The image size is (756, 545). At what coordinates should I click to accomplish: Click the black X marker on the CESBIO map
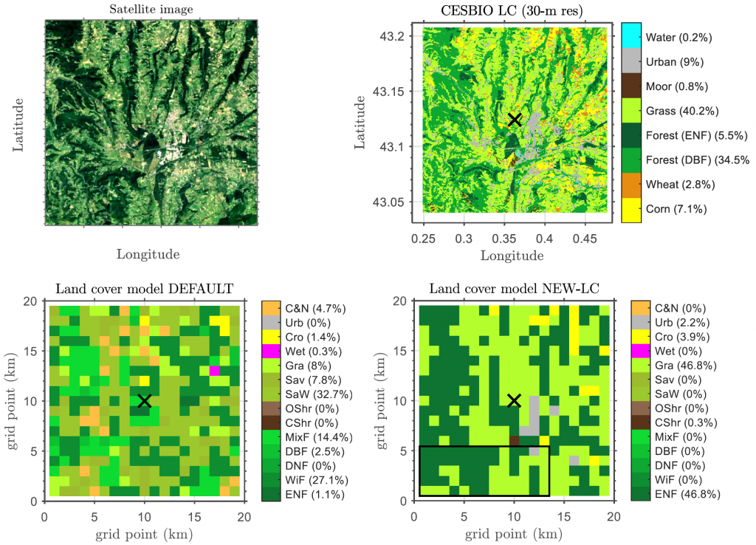pyautogui.click(x=515, y=119)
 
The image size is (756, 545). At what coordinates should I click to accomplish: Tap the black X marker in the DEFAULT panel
pyautogui.click(x=145, y=400)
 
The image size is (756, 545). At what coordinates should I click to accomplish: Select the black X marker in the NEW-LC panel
pyautogui.click(x=515, y=400)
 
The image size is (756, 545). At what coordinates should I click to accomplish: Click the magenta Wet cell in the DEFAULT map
pyautogui.click(x=215, y=370)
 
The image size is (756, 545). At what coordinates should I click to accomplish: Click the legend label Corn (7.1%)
pyautogui.click(x=676, y=209)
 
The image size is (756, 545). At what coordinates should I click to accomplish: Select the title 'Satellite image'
pyautogui.click(x=151, y=10)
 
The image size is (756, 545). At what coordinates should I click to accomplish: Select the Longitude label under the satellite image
pyautogui.click(x=148, y=255)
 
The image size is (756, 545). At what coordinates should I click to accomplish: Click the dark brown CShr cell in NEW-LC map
pyautogui.click(x=515, y=440)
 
